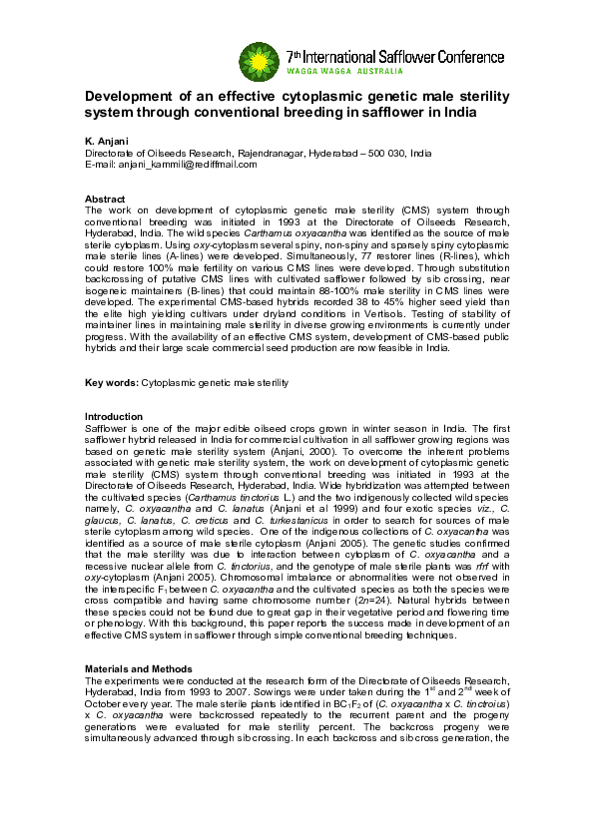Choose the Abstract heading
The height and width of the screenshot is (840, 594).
[x=105, y=200]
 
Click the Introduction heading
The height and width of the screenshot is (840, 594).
[x=114, y=416]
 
